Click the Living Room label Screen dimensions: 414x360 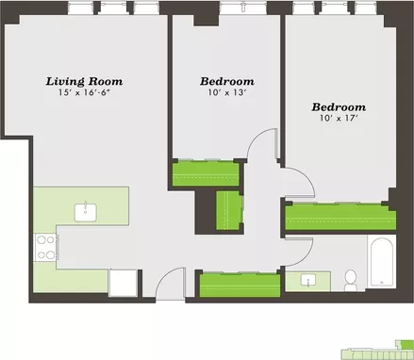pos(84,81)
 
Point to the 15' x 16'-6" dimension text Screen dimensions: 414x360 pos(84,92)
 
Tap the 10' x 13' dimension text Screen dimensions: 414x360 pos(226,92)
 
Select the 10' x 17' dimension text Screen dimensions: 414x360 pos(339,119)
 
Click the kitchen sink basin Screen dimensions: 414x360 pos(86,212)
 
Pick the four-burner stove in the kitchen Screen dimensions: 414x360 pos(45,248)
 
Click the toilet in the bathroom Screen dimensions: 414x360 pos(350,280)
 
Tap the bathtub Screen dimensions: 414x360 pos(381,261)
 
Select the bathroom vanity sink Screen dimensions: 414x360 pos(308,280)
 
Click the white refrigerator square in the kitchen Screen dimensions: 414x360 pos(123,283)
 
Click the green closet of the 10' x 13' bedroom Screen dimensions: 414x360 pos(206,173)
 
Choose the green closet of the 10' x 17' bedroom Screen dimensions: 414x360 pos(340,217)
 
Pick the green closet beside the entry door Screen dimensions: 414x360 pos(240,286)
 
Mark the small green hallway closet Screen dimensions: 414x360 pos(229,210)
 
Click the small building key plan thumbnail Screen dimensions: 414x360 pos(377,350)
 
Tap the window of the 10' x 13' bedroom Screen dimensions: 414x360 pos(243,8)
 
